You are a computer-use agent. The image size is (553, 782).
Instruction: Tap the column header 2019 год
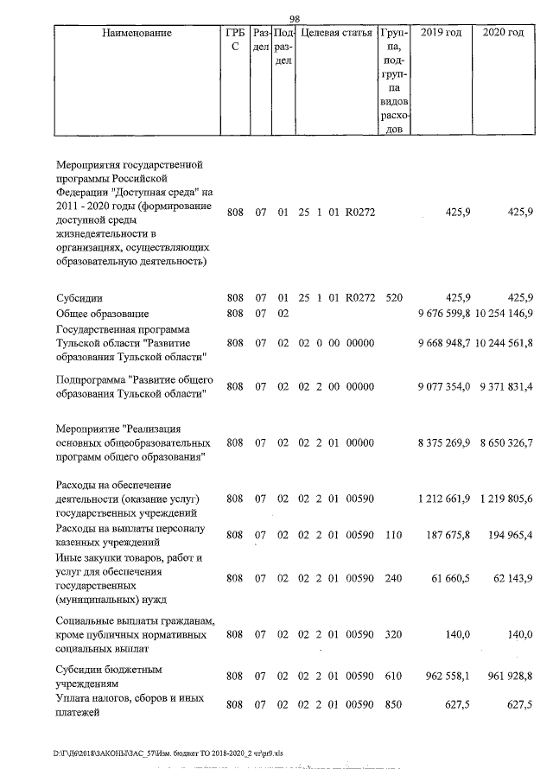[440, 33]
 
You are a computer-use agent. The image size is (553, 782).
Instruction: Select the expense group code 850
[393, 705]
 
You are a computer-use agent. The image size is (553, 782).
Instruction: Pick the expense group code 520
[393, 298]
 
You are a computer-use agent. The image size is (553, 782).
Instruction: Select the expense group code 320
[393, 634]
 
